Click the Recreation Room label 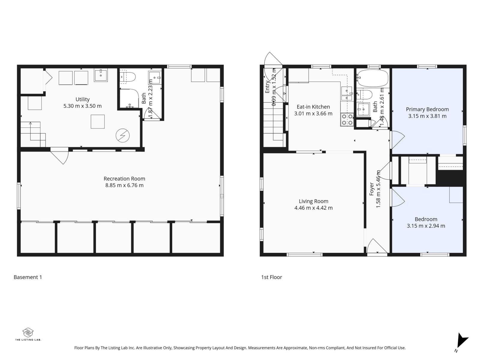pos(124,178)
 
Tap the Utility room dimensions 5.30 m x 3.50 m pos(82,106)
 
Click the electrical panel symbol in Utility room pos(122,136)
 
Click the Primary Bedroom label pos(427,109)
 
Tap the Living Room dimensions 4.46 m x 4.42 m pos(313,208)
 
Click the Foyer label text pos(372,189)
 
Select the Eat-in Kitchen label pos(313,107)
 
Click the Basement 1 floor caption pos(28,277)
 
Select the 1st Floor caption pos(271,277)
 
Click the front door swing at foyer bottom pos(377,247)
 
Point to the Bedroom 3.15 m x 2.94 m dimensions pos(426,226)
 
